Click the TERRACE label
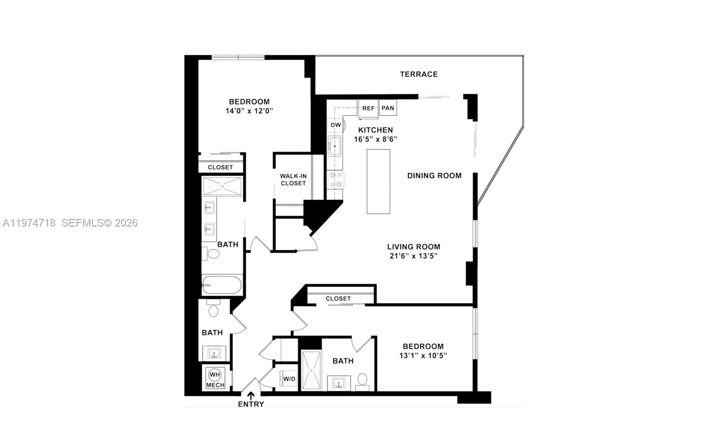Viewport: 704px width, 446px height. [x=418, y=74]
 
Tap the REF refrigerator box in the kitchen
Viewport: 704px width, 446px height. [x=368, y=108]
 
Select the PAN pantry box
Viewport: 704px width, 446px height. [x=388, y=108]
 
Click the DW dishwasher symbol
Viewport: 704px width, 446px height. [x=336, y=125]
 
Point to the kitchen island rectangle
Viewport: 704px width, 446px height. [x=378, y=181]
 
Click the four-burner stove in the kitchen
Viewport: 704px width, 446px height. [x=336, y=179]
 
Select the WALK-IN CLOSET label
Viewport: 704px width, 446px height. [x=293, y=179]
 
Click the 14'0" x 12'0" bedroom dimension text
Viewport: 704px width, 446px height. [x=249, y=111]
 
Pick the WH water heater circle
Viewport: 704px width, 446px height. [x=215, y=375]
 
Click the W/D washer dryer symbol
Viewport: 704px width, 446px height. [x=289, y=379]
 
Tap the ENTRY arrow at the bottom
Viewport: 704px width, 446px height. [x=251, y=395]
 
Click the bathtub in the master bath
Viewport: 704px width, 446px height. [x=222, y=285]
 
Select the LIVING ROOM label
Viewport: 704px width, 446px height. [x=414, y=247]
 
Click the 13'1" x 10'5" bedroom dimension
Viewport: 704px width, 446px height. [x=423, y=356]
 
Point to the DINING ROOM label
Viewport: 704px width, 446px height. [x=434, y=175]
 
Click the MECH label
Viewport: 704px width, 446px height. [x=215, y=385]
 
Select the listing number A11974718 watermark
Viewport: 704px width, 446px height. [x=29, y=223]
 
